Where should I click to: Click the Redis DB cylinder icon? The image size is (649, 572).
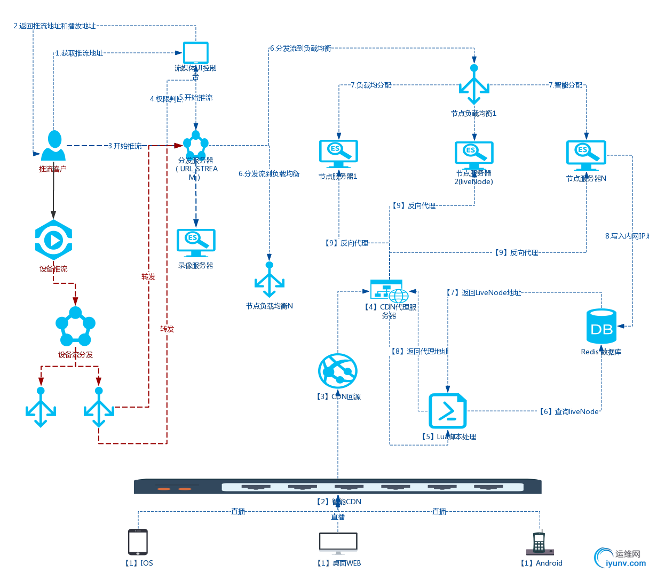coord(601,326)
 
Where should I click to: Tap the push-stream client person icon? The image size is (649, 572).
coord(53,145)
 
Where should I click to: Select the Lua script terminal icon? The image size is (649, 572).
coord(448,411)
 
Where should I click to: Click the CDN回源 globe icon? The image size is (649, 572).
coord(337,371)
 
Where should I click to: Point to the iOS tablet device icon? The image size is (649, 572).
coord(138,542)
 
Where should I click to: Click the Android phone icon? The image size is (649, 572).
coord(539,544)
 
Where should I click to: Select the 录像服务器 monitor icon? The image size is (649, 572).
coord(196,243)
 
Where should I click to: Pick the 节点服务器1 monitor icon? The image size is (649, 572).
coord(338,154)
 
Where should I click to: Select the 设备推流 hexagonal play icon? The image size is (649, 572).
coord(53,240)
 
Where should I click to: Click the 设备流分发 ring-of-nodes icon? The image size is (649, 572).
coord(75,326)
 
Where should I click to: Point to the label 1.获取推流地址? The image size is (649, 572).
coord(79,53)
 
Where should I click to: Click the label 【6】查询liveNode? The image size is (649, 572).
coord(568,411)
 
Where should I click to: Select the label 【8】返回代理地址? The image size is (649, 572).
coord(419,351)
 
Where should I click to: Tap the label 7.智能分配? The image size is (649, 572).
coord(565,85)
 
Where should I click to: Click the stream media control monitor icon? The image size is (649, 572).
coord(196,53)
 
